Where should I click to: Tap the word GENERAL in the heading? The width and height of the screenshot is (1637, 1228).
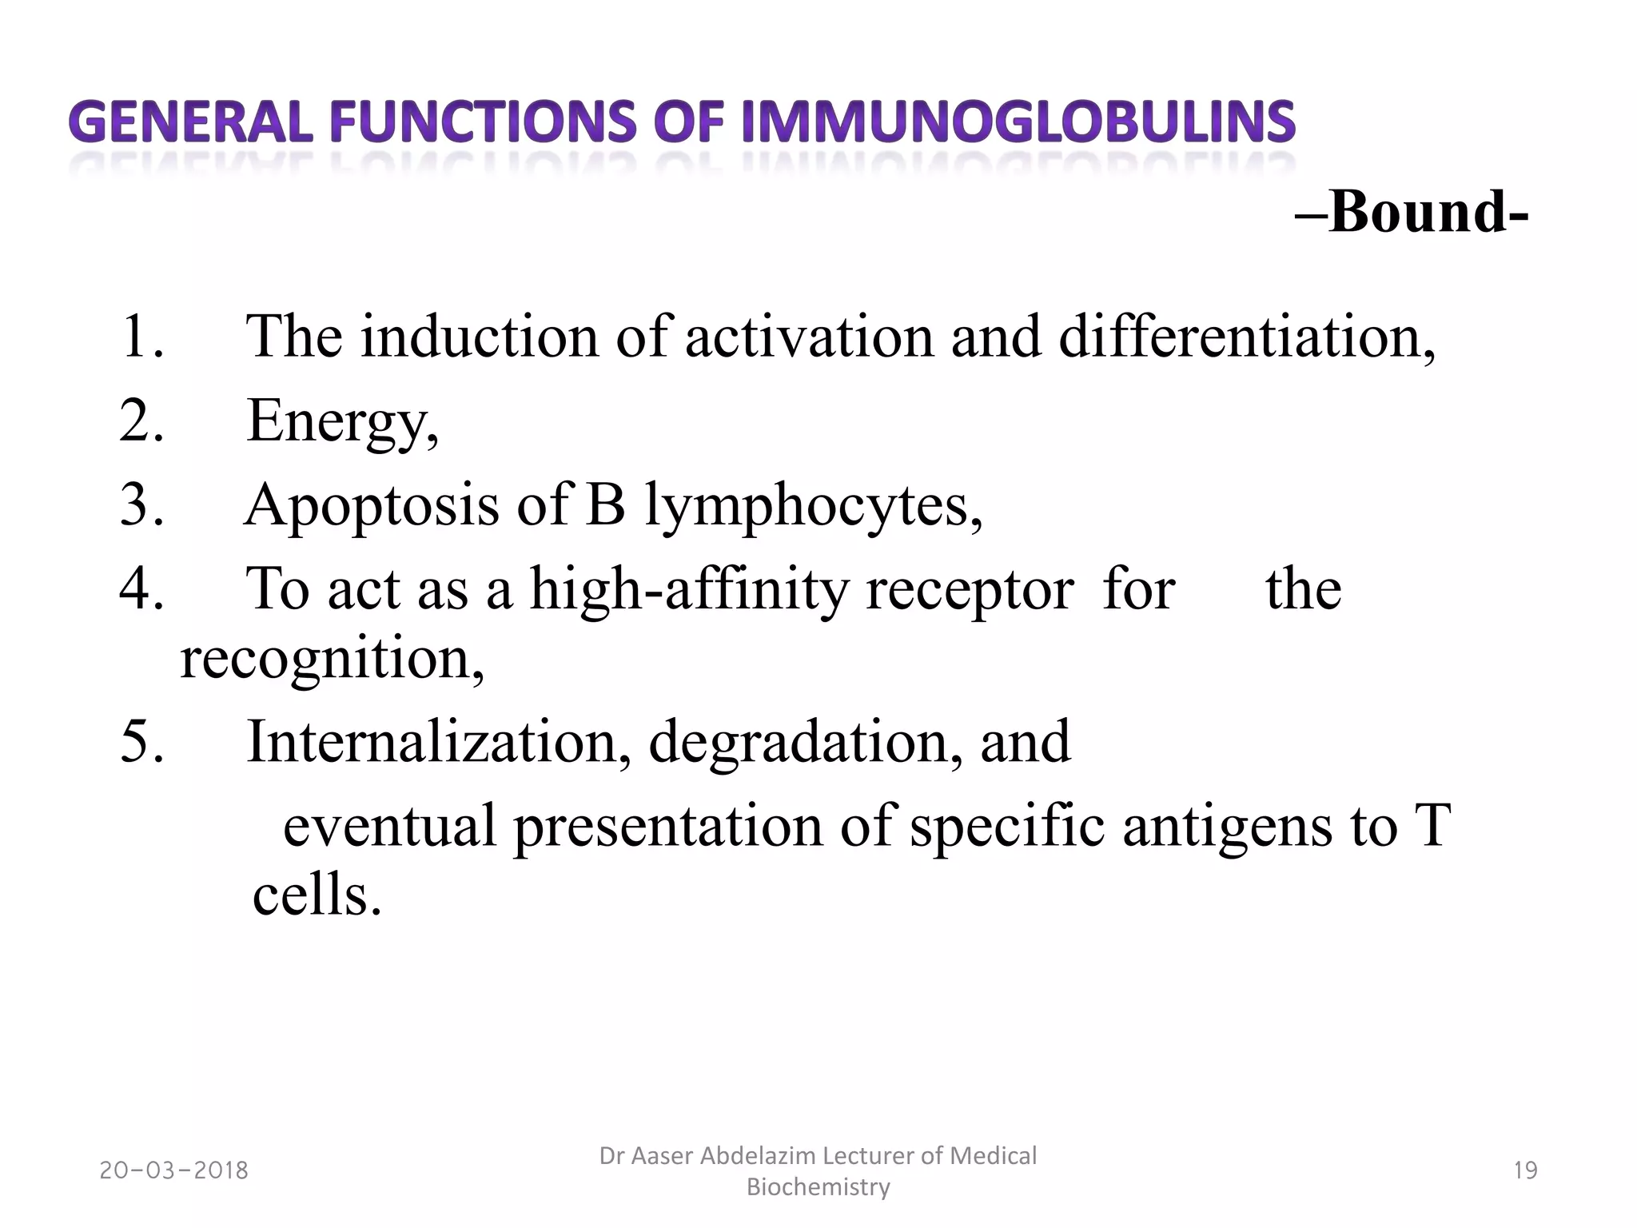190,123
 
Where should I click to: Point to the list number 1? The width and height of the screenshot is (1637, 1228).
142,336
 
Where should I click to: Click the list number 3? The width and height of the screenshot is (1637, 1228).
142,505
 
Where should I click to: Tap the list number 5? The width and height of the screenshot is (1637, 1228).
142,741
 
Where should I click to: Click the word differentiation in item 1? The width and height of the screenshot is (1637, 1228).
1246,336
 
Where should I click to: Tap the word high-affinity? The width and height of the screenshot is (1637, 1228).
687,589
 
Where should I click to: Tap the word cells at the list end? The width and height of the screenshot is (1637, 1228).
317,895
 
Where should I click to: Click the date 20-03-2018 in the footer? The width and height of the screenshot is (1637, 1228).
174,1170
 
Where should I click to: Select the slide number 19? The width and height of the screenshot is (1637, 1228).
1526,1170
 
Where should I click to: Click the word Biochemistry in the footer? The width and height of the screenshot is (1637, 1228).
818,1187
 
